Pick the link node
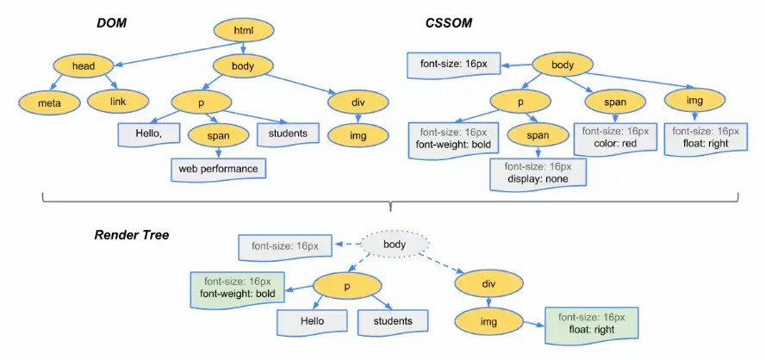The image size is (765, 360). [x=118, y=102]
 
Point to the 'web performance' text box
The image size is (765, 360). [x=218, y=168]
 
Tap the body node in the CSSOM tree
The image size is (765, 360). [x=563, y=65]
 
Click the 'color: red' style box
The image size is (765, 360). [x=615, y=138]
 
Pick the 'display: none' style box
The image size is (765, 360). [x=538, y=173]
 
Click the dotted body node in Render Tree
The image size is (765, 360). [x=394, y=245]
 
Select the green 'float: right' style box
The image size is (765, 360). [x=590, y=323]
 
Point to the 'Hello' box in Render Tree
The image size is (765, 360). [x=305, y=322]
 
